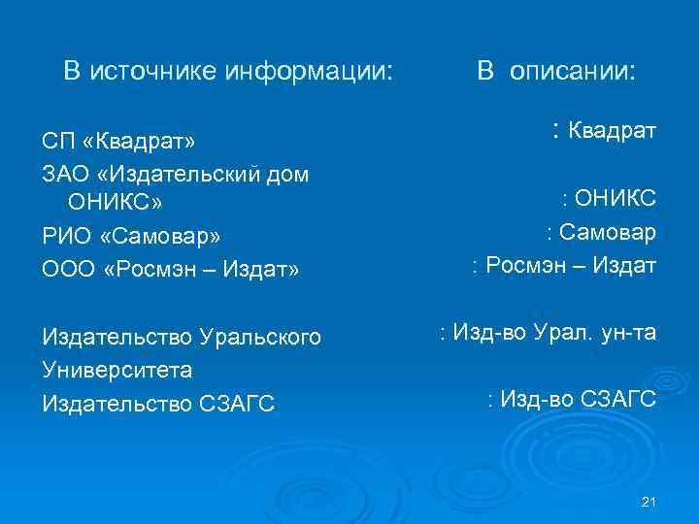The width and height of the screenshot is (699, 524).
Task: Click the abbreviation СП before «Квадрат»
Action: [x=58, y=143]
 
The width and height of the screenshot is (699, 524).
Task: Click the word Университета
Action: [x=116, y=370]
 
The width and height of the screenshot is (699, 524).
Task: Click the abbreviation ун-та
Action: [x=628, y=333]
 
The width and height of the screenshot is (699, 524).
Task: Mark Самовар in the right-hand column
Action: [x=608, y=233]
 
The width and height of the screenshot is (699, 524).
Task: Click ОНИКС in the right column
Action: [x=616, y=200]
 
